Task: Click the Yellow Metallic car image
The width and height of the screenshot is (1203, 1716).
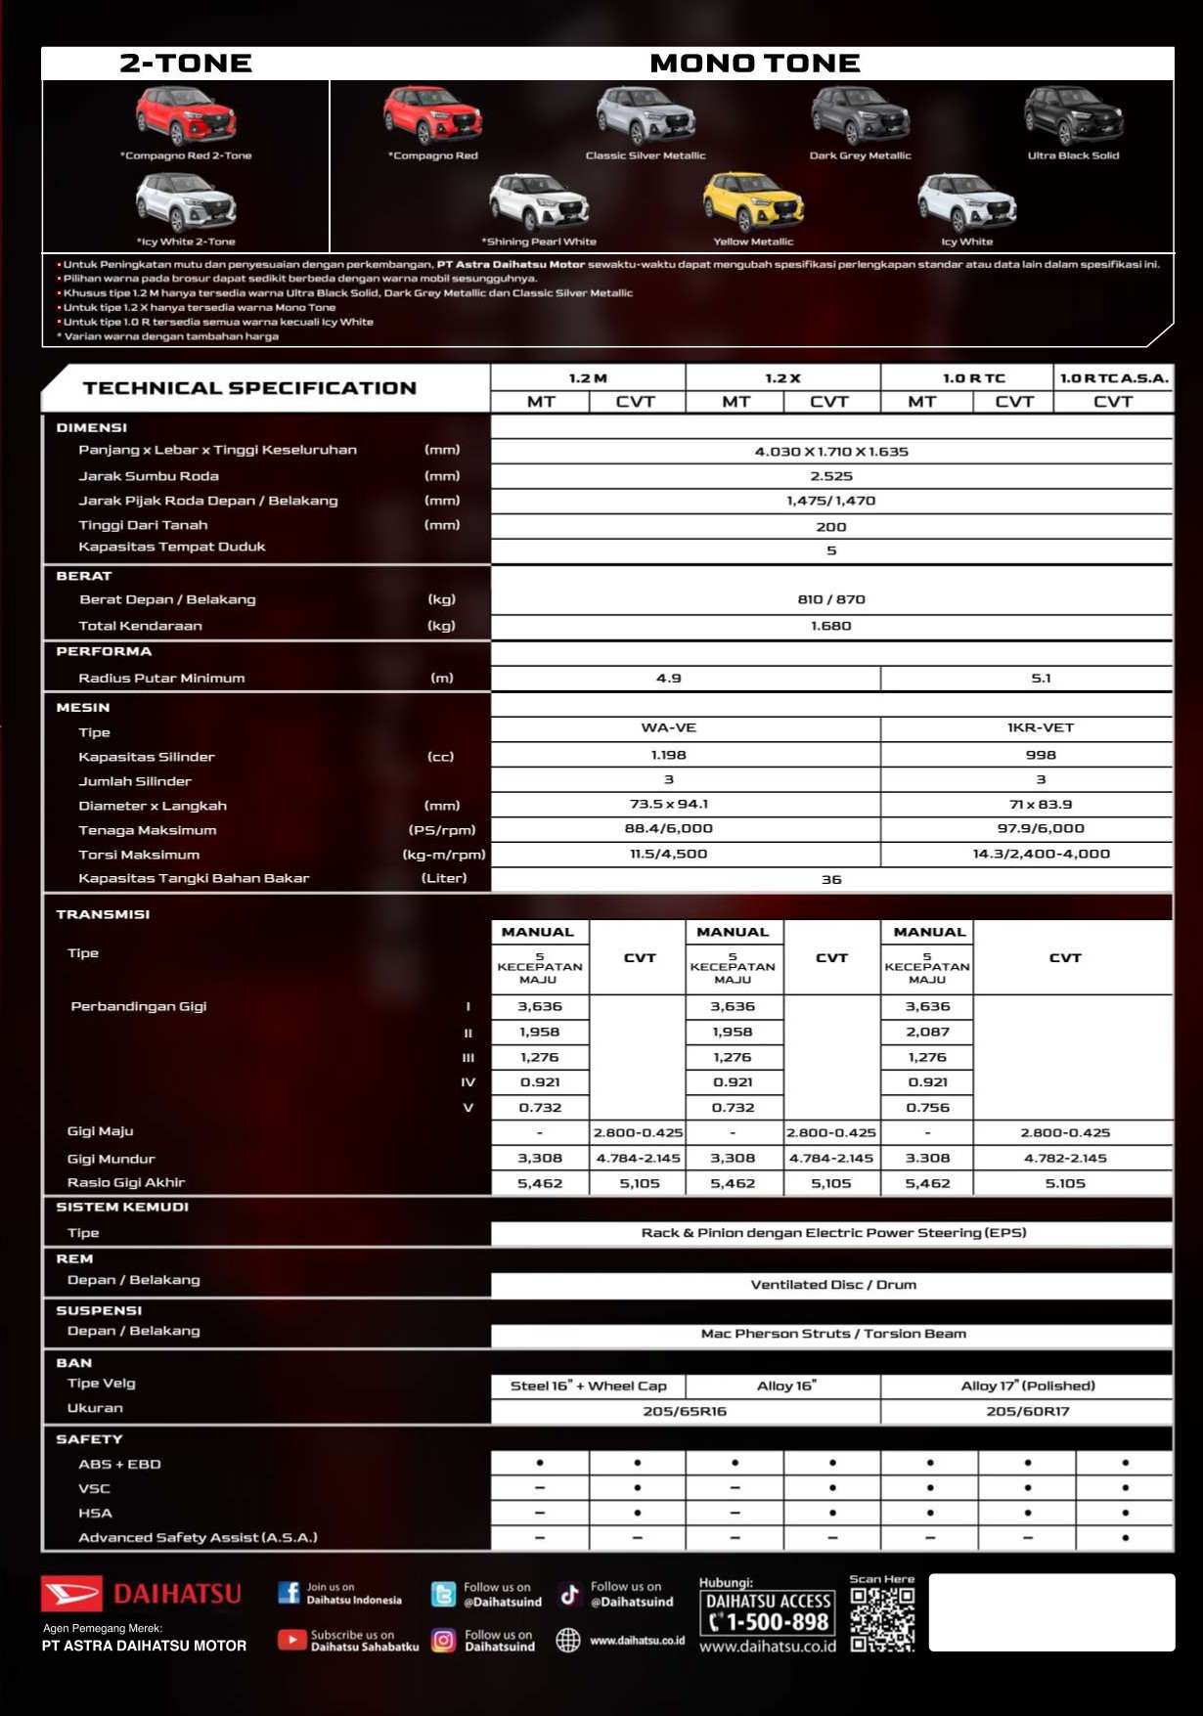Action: tap(753, 201)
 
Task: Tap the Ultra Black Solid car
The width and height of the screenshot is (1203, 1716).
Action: tap(1073, 116)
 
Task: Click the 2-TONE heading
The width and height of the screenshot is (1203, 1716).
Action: tap(186, 64)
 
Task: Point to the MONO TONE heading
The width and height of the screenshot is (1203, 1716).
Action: tap(754, 64)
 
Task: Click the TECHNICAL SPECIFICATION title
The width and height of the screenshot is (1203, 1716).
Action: tap(249, 388)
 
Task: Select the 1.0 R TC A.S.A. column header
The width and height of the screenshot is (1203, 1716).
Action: tap(1114, 377)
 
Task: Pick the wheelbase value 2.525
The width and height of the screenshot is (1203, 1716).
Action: tap(831, 476)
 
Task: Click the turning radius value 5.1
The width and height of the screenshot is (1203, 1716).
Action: tap(1041, 678)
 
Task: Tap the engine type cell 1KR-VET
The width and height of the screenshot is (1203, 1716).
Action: tap(1041, 727)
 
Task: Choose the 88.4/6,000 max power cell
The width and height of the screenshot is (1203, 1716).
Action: tap(669, 828)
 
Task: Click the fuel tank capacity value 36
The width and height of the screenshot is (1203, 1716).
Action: tap(831, 879)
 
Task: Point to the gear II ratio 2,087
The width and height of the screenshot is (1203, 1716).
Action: tap(927, 1032)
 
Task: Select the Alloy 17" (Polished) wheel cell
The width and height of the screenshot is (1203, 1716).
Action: tap(1027, 1386)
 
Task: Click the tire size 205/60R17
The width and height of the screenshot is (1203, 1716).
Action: tap(1027, 1411)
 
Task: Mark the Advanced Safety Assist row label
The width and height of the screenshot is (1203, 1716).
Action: tap(198, 1537)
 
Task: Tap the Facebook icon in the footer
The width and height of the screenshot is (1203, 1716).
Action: tap(289, 1593)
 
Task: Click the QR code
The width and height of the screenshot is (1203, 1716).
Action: tap(882, 1619)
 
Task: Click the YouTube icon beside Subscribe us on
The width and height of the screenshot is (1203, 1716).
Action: tap(291, 1640)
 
